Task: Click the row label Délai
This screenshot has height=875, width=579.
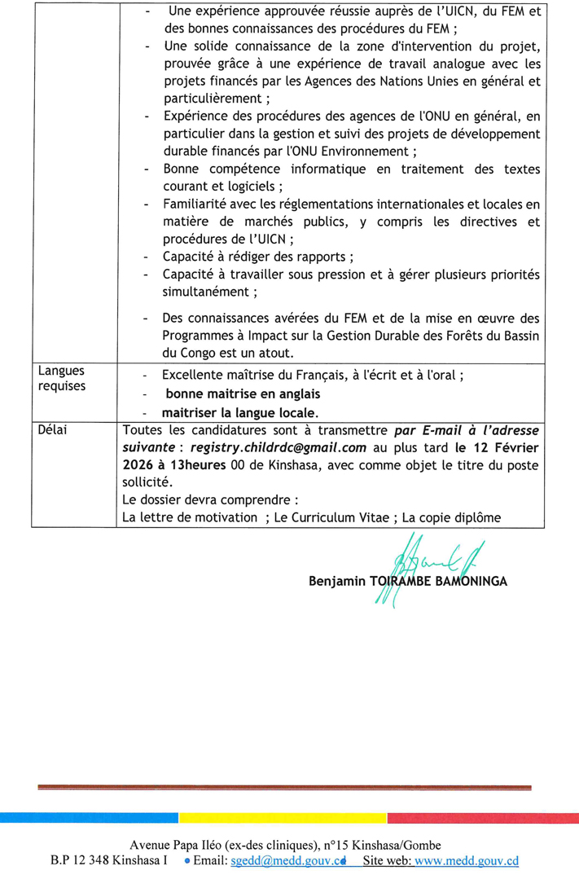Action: pyautogui.click(x=54, y=430)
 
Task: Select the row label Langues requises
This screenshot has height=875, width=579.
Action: pyautogui.click(x=61, y=379)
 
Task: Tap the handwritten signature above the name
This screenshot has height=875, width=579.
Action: pyautogui.click(x=415, y=562)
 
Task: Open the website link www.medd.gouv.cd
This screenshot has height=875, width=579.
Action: pyautogui.click(x=466, y=861)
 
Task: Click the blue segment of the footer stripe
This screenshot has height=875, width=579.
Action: pyautogui.click(x=90, y=817)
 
